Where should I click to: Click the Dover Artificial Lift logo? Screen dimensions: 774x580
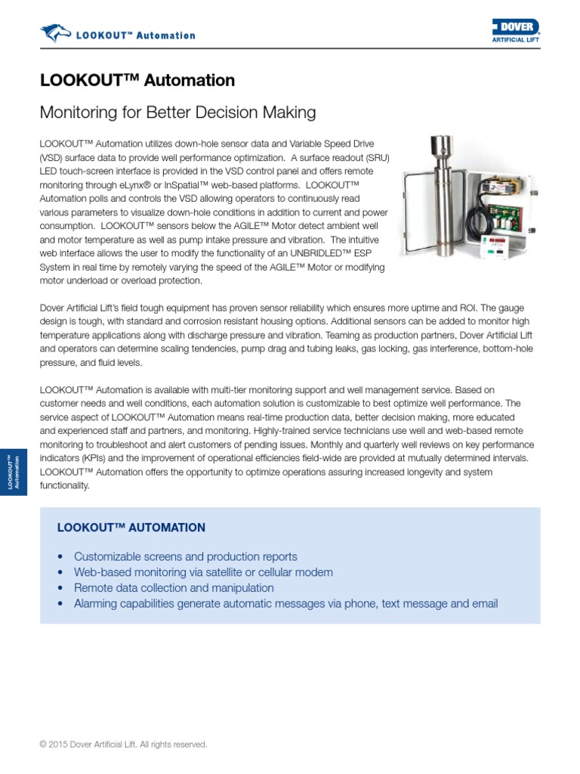[x=516, y=31]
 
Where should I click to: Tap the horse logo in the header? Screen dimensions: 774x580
[x=54, y=33]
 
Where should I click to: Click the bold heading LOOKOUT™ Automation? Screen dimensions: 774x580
[x=137, y=80]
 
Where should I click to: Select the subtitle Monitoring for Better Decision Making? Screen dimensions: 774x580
[x=177, y=113]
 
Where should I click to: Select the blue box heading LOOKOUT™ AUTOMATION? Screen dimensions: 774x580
[x=131, y=528]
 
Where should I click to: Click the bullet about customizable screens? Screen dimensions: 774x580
[x=185, y=556]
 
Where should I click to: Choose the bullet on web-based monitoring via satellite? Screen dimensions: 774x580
[x=203, y=572]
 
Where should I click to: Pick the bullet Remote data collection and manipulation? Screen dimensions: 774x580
[x=174, y=587]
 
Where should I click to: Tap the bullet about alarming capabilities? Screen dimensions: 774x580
[x=285, y=603]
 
